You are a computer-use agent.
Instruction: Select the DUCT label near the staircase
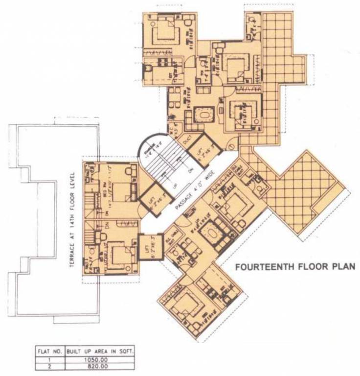pyautogui.click(x=185, y=139)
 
